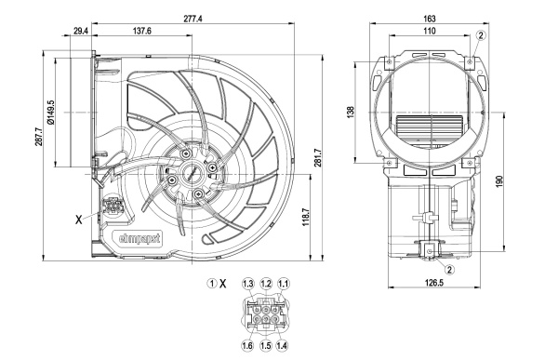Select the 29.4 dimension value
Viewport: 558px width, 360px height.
(x=80, y=32)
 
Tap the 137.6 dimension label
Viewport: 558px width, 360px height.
(x=142, y=32)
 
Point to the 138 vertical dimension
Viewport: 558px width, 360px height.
(x=352, y=113)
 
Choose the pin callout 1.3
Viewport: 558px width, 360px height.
(x=247, y=283)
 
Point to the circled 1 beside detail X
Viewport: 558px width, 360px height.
(x=212, y=283)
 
